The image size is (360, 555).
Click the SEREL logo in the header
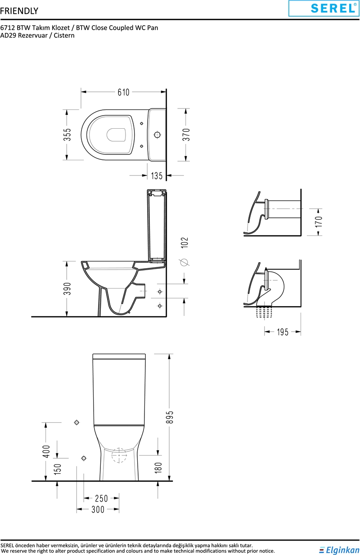tap(324, 9)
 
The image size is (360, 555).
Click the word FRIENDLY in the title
tap(19, 11)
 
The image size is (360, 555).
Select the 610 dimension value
tap(123, 92)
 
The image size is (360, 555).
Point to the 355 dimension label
tap(67, 135)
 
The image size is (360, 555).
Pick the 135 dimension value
tap(157, 176)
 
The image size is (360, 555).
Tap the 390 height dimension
tap(67, 289)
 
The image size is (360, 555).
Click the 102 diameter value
tap(184, 243)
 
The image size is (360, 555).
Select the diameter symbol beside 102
tap(185, 262)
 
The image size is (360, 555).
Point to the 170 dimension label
tap(319, 222)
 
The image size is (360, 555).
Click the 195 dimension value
tap(283, 332)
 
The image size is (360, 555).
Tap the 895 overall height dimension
tap(171, 417)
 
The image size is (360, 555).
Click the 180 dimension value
tap(158, 468)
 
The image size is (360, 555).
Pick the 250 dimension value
tap(102, 498)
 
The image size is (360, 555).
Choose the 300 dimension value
tap(98, 510)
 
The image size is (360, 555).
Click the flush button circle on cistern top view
tap(157, 135)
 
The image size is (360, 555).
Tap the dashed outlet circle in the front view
tap(119, 456)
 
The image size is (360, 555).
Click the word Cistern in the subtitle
tap(64, 36)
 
